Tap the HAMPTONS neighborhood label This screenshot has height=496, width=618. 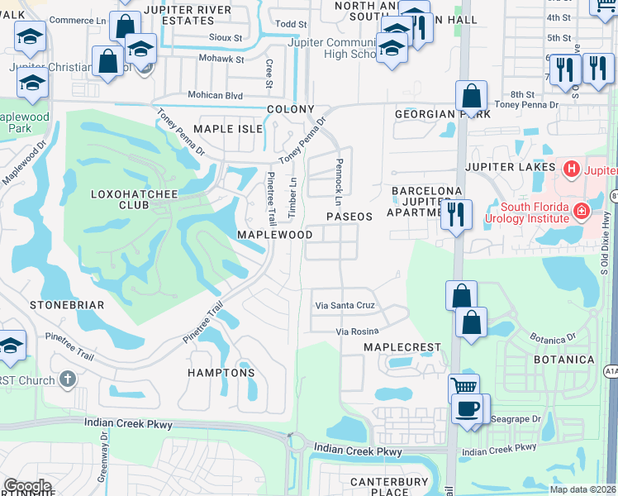221,373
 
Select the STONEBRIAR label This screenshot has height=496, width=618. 67,305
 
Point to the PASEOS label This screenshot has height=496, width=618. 349,216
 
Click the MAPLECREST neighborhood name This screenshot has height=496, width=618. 402,347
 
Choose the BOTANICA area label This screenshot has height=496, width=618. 564,360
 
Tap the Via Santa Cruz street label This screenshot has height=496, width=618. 345,305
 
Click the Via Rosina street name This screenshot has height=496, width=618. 356,331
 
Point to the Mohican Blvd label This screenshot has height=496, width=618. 215,96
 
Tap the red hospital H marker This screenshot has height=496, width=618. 569,169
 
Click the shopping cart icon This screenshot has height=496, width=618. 463,386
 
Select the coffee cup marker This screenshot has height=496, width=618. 467,408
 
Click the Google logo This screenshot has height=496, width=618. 27,486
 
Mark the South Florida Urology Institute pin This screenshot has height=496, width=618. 581,211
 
